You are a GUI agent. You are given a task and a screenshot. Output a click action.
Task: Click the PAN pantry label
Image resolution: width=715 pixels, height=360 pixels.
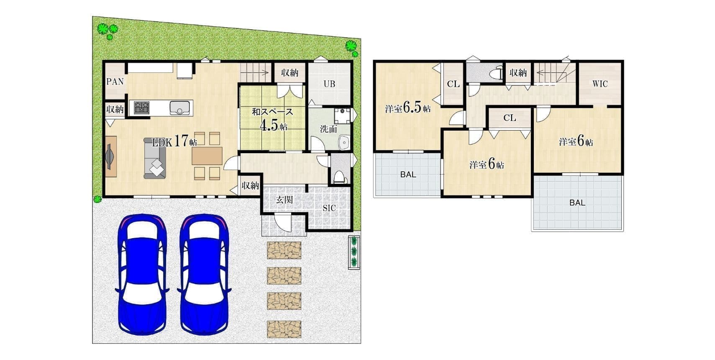pos(115,82)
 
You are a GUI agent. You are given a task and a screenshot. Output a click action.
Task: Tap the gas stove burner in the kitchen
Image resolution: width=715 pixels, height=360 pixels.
pos(141,108)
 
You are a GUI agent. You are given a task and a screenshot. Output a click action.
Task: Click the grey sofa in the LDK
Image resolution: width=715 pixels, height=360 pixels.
pos(155,158)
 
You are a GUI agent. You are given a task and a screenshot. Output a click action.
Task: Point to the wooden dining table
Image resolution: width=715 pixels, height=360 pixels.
pos(207,156)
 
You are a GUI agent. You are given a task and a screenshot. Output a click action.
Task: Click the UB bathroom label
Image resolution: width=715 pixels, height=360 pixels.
pos(329,84)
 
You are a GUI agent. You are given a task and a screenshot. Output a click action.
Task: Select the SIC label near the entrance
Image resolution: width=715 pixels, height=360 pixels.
pos(329,208)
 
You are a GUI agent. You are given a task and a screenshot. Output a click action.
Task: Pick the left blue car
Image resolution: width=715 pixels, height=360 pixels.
pos(142,275)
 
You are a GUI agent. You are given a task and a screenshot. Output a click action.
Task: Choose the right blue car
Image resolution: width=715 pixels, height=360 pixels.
pos(204,275)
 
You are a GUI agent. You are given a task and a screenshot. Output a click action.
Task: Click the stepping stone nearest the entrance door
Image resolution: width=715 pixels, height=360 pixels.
pos(284,250)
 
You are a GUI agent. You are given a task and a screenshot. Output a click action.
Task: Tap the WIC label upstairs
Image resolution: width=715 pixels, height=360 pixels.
pos(600,84)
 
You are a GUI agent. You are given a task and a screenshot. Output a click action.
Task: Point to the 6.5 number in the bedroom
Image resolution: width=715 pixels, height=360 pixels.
pos(413,108)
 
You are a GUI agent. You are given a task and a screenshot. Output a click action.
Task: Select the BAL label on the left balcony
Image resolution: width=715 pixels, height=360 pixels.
pos(408,175)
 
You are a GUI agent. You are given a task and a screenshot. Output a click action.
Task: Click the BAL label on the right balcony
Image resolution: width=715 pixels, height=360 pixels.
pos(577,203)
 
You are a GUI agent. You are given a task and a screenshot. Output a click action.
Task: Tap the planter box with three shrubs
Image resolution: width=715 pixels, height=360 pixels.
pos(354,252)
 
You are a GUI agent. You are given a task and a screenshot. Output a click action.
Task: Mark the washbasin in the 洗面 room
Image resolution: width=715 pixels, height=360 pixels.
pos(344,142)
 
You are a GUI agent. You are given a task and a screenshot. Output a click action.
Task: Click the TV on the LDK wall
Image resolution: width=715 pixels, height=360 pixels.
pos(109,157)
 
